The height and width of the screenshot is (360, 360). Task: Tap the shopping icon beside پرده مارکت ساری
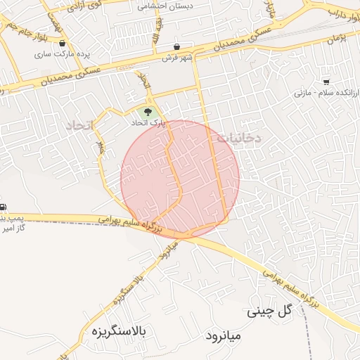pos(63,42)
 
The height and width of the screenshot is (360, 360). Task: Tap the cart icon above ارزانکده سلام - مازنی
pos(326,82)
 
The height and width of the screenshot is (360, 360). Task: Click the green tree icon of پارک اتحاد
pos(148,111)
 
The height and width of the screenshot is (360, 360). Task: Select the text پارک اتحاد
pos(148,122)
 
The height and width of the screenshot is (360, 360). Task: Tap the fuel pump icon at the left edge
pos(3,207)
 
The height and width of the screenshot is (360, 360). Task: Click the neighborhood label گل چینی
pos(269,310)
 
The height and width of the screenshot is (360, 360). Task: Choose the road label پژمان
pos(337,40)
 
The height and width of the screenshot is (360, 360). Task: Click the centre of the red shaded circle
pos(179,179)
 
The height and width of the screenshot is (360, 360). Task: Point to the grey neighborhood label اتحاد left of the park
pos(79,125)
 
